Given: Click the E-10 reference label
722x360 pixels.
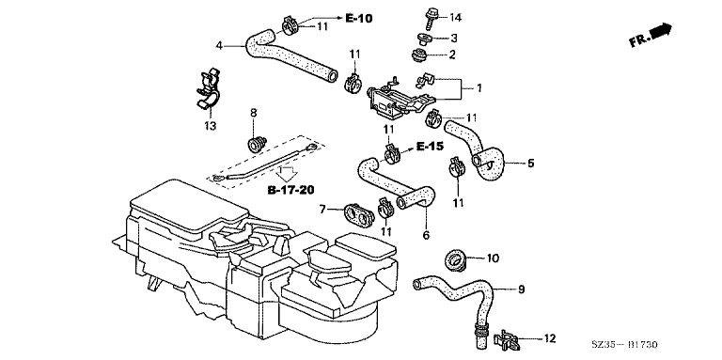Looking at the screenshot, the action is [x=359, y=19].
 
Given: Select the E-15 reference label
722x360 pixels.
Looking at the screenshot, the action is [x=430, y=147].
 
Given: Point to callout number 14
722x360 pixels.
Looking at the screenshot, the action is [x=455, y=18].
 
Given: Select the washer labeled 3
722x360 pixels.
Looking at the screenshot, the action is [x=424, y=39].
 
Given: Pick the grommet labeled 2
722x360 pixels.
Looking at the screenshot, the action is [x=420, y=55].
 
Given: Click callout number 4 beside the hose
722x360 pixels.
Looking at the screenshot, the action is [x=220, y=45].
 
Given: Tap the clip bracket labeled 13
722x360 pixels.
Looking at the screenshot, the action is [x=207, y=90].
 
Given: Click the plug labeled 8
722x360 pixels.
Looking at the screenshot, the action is [x=258, y=143].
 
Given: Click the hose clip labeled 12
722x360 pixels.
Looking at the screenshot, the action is [x=507, y=340].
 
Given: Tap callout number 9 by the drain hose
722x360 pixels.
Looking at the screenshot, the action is [x=521, y=290].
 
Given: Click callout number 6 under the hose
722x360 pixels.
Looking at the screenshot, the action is [x=426, y=236].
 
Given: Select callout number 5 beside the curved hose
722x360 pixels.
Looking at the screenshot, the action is [x=531, y=163].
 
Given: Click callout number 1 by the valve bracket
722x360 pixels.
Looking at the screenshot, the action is [x=479, y=88].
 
